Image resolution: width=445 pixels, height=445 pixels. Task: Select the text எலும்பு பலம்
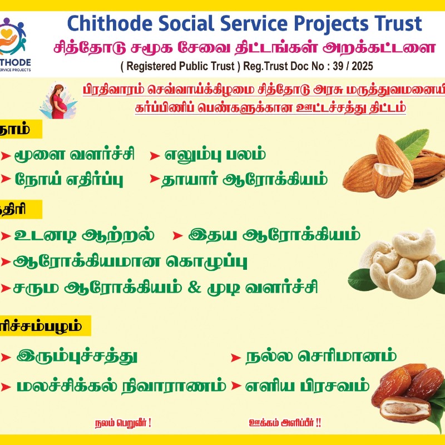coord(214,155)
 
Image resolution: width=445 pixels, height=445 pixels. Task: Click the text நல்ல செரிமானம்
coord(321,355)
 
